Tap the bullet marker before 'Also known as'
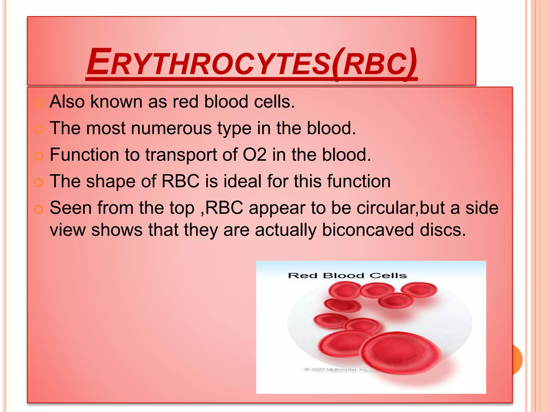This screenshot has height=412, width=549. tap(39, 103)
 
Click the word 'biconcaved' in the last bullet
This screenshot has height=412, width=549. tap(368, 230)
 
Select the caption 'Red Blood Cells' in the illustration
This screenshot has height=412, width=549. tap(347, 275)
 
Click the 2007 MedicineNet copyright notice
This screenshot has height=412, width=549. tap(336, 369)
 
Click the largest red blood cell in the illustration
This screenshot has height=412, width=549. tap(401, 353)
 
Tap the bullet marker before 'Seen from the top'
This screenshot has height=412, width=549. tap(39, 209)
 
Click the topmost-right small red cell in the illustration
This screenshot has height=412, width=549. tap(419, 290)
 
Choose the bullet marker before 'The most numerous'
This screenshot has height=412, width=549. tap(39, 130)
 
